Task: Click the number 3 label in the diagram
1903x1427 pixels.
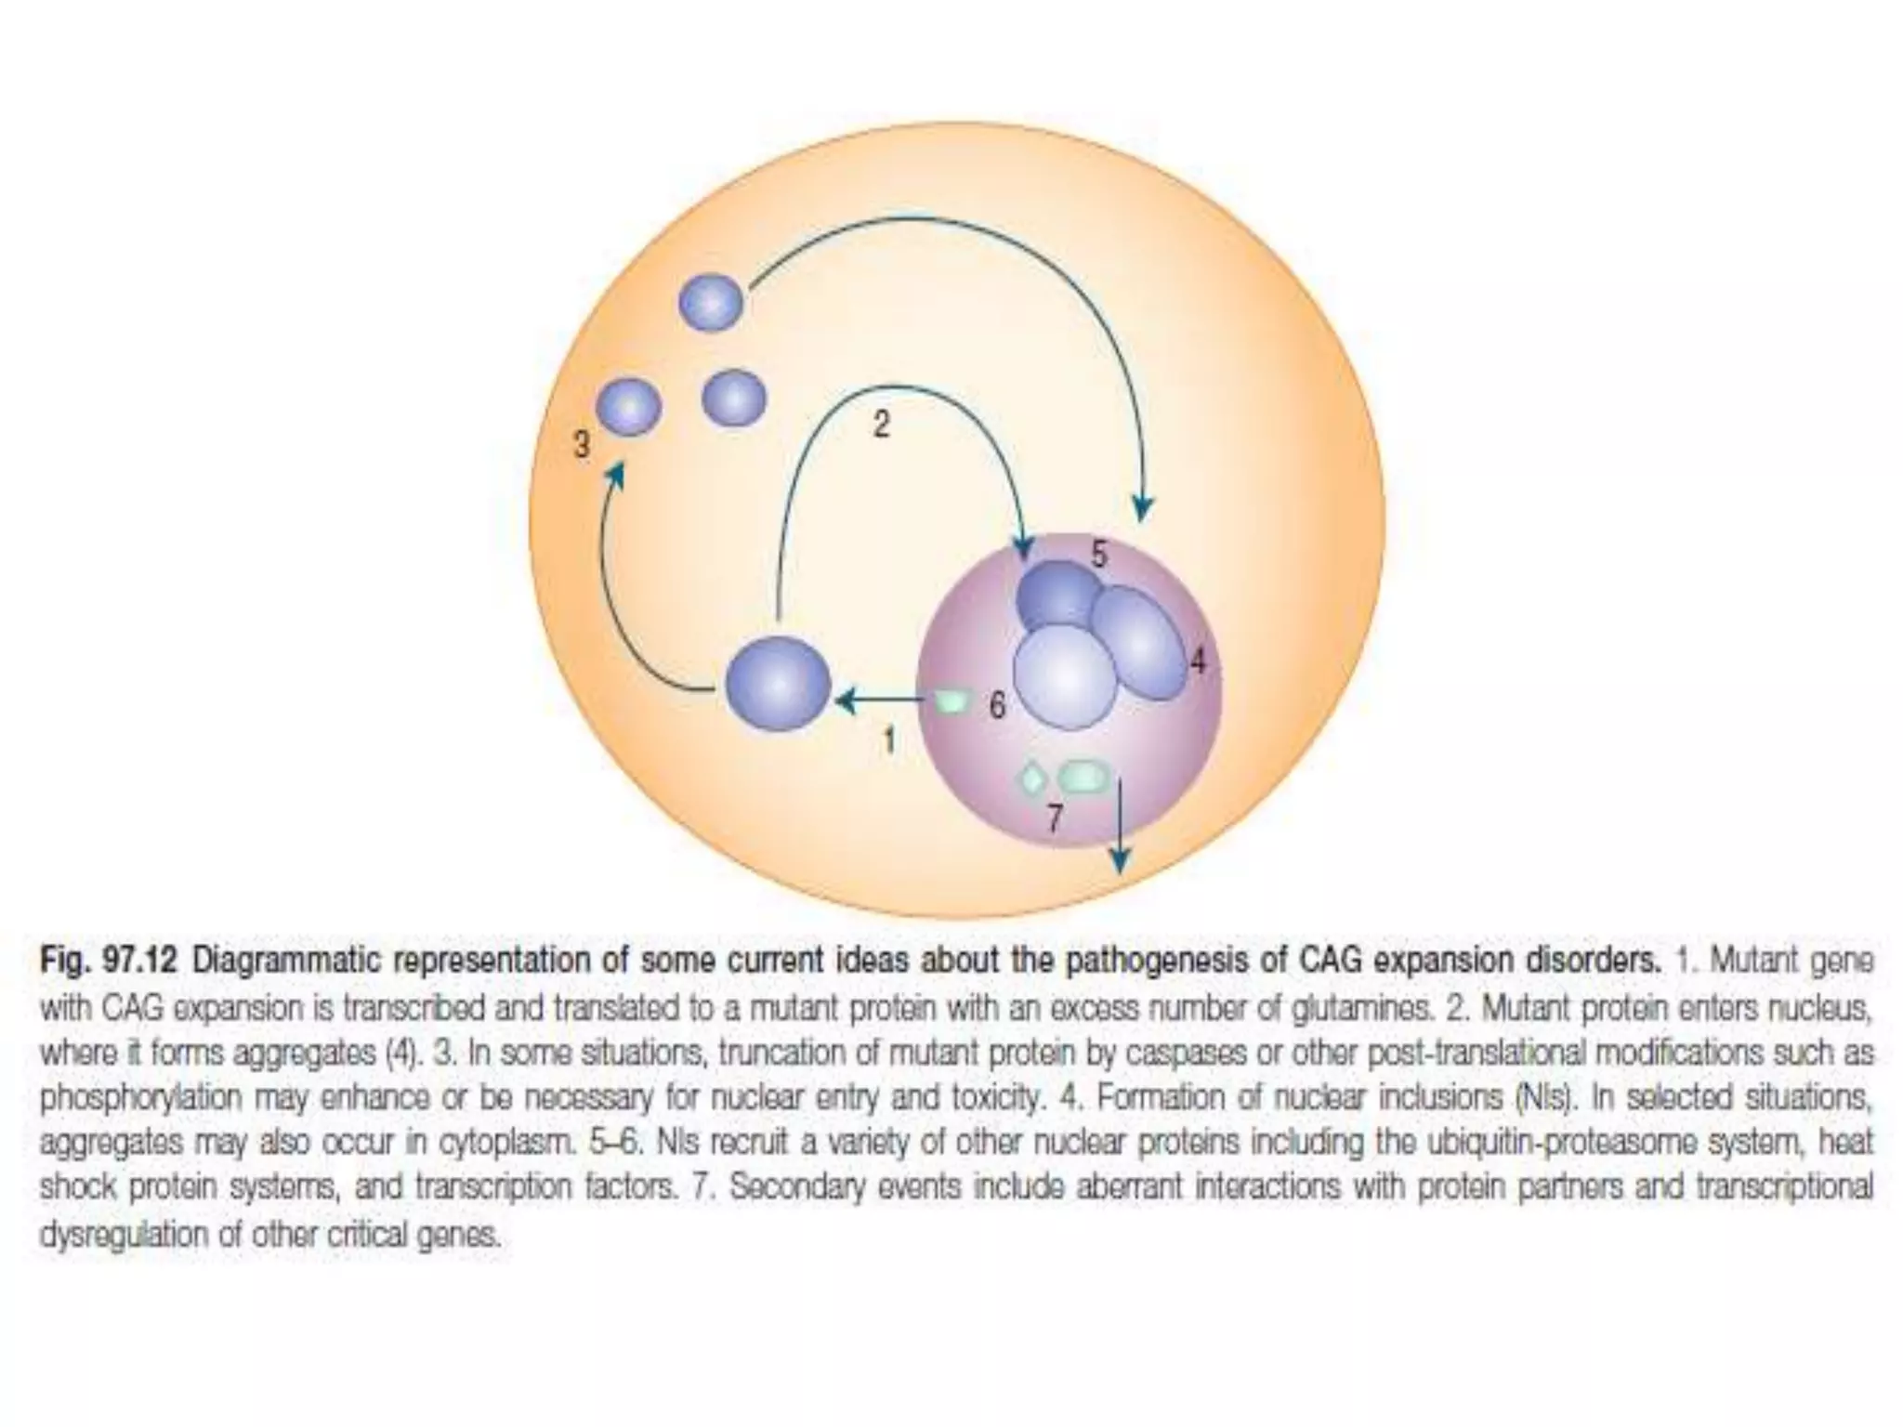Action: (582, 445)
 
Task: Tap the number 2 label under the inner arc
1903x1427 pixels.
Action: (881, 425)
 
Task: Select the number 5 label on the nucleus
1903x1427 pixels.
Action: (1099, 555)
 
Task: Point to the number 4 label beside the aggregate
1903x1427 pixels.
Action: (1198, 661)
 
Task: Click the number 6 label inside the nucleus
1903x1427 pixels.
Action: (997, 706)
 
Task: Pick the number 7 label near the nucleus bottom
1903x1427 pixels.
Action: (1055, 818)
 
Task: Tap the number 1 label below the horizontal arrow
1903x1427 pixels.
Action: (889, 740)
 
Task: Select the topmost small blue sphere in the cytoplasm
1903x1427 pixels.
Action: (712, 303)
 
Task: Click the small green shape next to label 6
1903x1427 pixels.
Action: (952, 702)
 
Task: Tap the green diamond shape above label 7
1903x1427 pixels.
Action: (1032, 778)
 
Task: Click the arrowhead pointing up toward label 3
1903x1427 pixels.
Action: (614, 478)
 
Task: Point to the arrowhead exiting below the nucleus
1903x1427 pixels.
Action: (1122, 861)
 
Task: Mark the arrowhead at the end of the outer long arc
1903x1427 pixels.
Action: (1144, 508)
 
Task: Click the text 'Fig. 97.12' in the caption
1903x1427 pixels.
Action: (107, 961)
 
